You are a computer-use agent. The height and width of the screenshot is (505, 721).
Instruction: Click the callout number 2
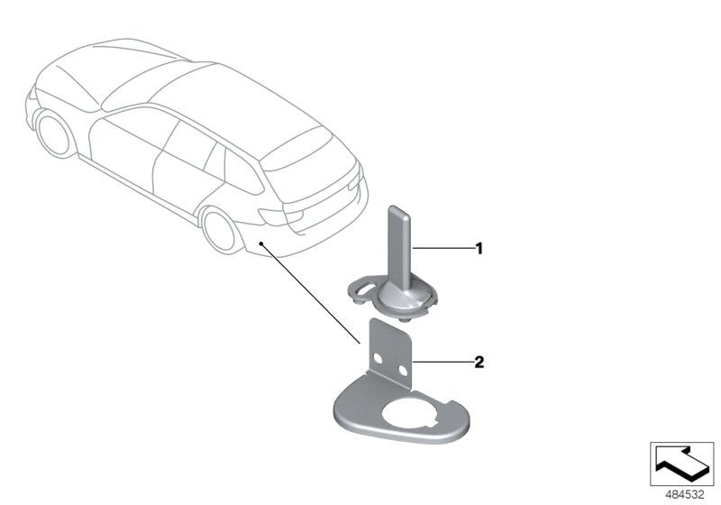coord(479,363)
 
